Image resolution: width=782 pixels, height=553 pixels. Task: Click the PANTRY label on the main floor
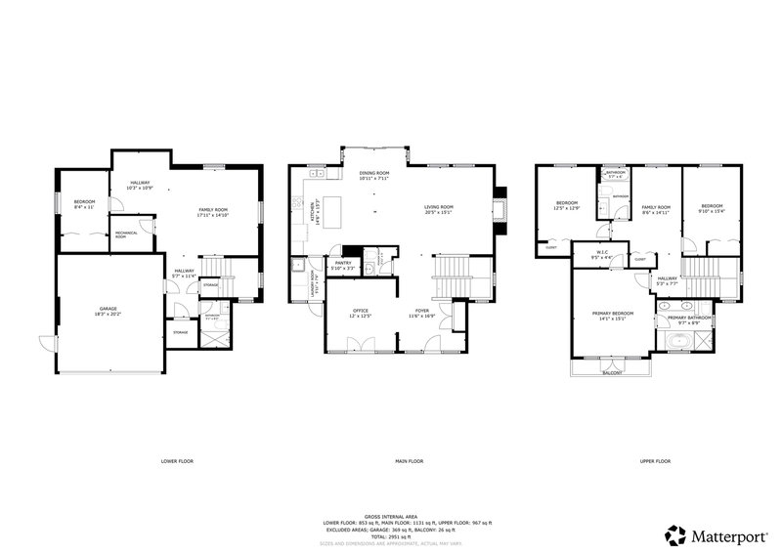pos(342,264)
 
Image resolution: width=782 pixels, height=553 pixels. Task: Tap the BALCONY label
pos(612,373)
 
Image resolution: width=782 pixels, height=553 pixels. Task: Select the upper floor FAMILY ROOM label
pos(656,208)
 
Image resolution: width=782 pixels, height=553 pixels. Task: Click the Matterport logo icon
pos(674,535)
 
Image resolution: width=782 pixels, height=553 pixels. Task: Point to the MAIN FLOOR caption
pos(409,460)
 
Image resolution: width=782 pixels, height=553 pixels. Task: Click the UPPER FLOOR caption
pos(655,460)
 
